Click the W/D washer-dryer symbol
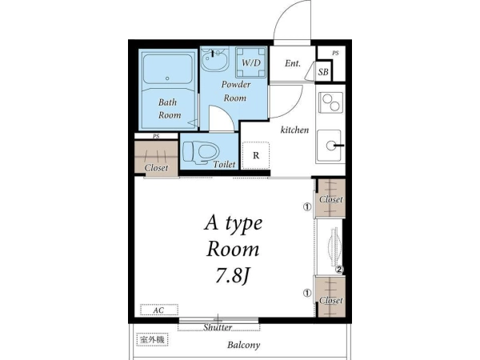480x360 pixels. [250, 62]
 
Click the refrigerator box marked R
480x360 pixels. [256, 155]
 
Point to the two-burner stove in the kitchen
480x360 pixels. [330, 102]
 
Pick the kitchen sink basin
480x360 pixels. [329, 146]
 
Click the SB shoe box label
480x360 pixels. [323, 72]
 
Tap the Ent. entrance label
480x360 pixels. [293, 63]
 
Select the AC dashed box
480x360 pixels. [159, 310]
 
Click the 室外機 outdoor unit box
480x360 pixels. [153, 339]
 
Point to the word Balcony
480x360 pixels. [244, 346]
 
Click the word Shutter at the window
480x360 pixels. [218, 327]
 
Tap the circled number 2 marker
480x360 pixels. [339, 270]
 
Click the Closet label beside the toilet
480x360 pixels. [156, 168]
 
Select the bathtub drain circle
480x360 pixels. [167, 78]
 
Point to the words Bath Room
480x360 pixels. [170, 109]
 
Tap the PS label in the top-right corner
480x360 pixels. [335, 54]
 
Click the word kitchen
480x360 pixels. [294, 130]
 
